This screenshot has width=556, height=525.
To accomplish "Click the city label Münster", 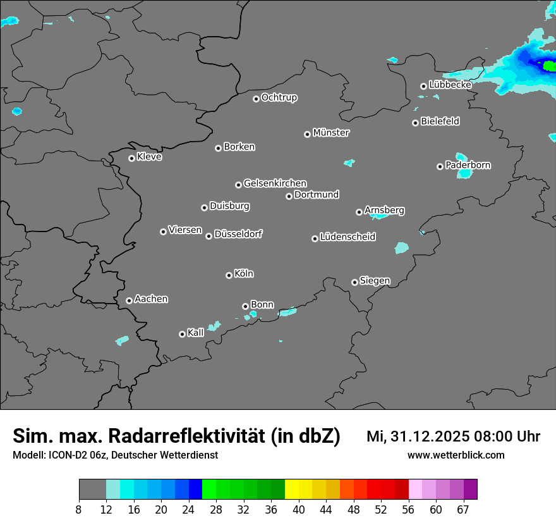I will click(x=331, y=133).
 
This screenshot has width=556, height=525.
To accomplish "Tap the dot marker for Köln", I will click(x=229, y=275).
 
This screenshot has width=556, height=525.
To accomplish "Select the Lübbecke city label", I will click(x=450, y=85).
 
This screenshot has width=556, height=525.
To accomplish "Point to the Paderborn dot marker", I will click(x=440, y=166).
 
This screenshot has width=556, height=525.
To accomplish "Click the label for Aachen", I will click(x=151, y=299).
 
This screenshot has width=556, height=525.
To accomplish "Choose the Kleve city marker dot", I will click(x=131, y=158).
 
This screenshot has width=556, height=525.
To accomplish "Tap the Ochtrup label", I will click(x=279, y=97).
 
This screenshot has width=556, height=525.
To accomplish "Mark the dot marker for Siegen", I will click(x=354, y=282).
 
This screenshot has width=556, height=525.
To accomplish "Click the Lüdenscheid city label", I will click(x=347, y=237).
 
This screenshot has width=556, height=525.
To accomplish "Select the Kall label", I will click(x=196, y=333).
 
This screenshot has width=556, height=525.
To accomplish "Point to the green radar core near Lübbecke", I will click(x=549, y=65).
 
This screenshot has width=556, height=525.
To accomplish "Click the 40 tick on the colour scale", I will click(x=298, y=509).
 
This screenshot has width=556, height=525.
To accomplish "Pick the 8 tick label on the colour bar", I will click(x=78, y=509).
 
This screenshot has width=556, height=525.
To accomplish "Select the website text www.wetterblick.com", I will click(x=456, y=455).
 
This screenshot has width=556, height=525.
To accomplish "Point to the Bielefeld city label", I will click(x=440, y=121).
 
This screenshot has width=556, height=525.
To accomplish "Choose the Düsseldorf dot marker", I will click(x=208, y=236).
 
